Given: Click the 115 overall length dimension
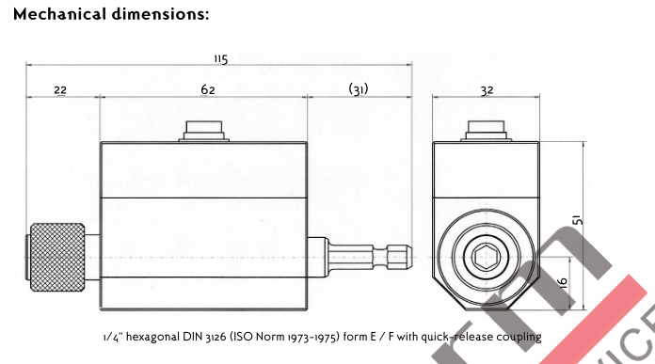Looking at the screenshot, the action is point(221,59).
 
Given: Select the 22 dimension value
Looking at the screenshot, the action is point(60,90).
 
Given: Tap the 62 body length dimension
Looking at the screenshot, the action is point(208,89).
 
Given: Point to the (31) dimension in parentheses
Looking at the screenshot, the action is point(359,89).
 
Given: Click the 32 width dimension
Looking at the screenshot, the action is point(487,90).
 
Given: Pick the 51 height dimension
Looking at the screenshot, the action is point(577,220).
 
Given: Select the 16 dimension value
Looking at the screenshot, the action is point(563,282).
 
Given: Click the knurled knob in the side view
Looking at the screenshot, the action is point(57,257).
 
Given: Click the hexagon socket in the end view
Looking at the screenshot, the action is point(487,257).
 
